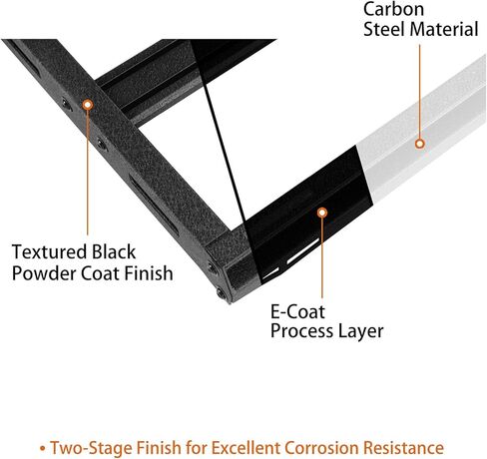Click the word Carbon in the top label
393,9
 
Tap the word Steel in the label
384,29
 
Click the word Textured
50,251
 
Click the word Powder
44,273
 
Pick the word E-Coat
297,312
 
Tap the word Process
301,331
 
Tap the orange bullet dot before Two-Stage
42,448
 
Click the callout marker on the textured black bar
88,105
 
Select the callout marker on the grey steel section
420,144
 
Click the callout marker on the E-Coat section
322,213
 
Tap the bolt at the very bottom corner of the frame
222,293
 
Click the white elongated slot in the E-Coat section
303,251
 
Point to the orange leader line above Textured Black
88,173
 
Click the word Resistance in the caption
403,447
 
